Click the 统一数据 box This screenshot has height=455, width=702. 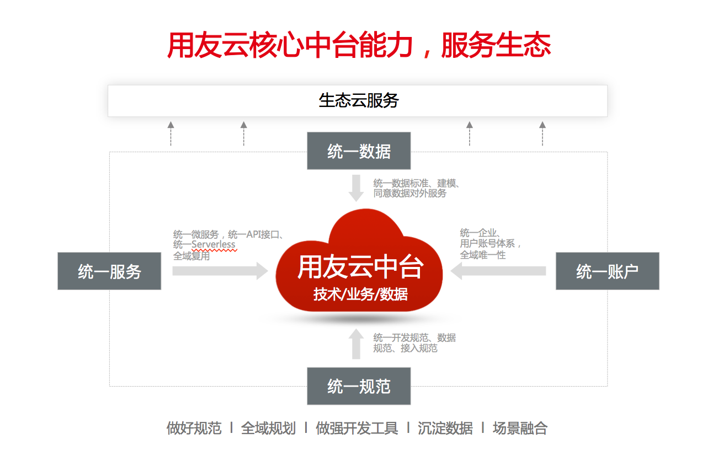(x=359, y=151)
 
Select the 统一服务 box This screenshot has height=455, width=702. (x=109, y=271)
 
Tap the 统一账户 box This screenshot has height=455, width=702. (x=607, y=271)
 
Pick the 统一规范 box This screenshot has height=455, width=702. (x=359, y=387)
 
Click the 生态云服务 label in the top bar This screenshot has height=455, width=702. (x=358, y=100)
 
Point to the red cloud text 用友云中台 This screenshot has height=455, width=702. (x=360, y=267)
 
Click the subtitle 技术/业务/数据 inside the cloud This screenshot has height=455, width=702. (x=360, y=295)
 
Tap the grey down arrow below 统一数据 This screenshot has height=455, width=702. (x=357, y=188)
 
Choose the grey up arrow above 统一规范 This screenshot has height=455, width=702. (x=357, y=344)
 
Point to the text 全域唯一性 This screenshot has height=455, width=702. (x=483, y=255)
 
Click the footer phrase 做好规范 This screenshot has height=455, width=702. (x=194, y=428)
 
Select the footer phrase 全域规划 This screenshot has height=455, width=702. (x=268, y=428)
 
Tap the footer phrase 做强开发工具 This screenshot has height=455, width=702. (x=357, y=428)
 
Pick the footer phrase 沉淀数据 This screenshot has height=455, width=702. (x=445, y=428)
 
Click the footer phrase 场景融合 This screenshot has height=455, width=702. (x=520, y=428)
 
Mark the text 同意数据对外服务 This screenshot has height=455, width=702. (x=410, y=194)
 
